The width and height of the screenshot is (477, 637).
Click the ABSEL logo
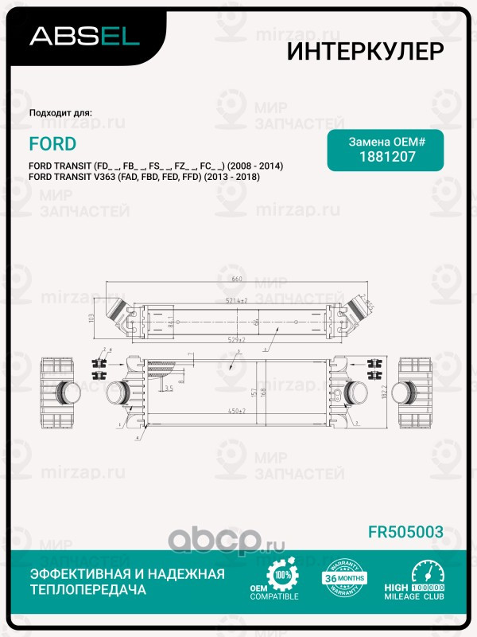pos(84,36)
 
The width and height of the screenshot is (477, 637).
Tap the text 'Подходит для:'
pos(60,112)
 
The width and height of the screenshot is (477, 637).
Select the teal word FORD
pos(52,144)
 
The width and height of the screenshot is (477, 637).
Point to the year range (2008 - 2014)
pos(255,166)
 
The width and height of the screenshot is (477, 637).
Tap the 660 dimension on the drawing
pos(236,279)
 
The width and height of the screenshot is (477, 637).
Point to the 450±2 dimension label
pos(236,411)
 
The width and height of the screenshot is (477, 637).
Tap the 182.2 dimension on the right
pos(386,393)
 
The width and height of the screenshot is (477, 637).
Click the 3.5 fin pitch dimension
pos(168,388)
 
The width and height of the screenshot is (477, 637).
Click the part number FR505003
pos(405,531)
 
